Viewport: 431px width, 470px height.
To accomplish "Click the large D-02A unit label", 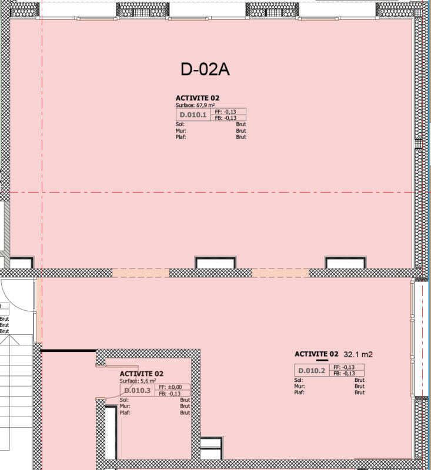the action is pos(205,69).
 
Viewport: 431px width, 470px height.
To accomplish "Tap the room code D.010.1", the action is pos(193,115).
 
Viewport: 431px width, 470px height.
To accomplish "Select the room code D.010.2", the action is pos(312,371).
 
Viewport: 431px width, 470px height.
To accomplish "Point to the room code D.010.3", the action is pos(138,390).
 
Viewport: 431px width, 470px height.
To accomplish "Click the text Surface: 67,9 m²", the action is pos(195,105).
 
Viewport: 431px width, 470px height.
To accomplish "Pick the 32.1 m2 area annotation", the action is pos(358,355).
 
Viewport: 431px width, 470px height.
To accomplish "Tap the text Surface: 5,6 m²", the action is pos(138,381).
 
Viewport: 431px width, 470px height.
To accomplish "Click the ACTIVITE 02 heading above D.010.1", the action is pos(198,98).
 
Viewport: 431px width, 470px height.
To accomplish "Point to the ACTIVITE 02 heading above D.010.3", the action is pos(142,374).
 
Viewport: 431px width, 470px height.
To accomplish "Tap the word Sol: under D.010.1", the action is pos(181,124).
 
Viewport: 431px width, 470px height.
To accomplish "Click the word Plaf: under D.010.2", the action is pos(299,392).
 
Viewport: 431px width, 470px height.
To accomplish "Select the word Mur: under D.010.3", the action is pos(125,406).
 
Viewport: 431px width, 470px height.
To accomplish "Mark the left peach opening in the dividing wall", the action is pos(141,273).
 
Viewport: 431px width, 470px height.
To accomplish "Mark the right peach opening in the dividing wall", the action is pos(280,273).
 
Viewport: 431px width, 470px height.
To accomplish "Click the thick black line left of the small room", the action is pos(68,350).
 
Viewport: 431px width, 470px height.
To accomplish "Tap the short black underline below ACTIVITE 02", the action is pos(322,360).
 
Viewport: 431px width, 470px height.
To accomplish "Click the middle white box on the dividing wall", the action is pos(215,263).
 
